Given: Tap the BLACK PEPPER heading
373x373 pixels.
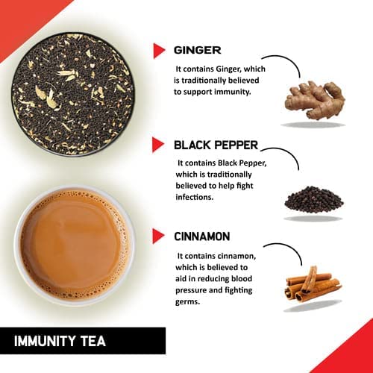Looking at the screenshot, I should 216,144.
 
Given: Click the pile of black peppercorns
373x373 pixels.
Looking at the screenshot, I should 313,199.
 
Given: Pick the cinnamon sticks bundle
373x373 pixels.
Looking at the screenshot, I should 312,284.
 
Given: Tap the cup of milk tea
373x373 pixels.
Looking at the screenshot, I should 74,245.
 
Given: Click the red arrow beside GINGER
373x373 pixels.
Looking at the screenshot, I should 158,51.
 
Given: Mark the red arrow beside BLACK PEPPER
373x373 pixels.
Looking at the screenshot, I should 158,144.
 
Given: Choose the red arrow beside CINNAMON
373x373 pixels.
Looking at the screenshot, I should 158,236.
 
